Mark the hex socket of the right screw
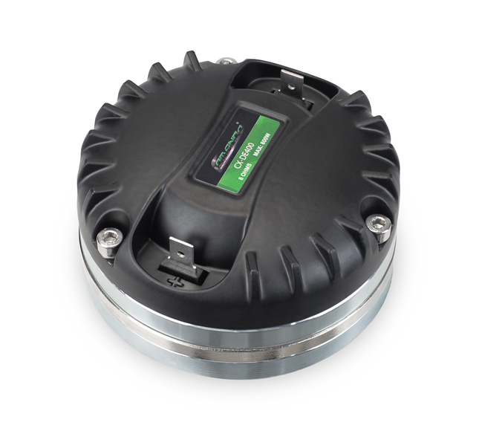(x=378, y=224)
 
